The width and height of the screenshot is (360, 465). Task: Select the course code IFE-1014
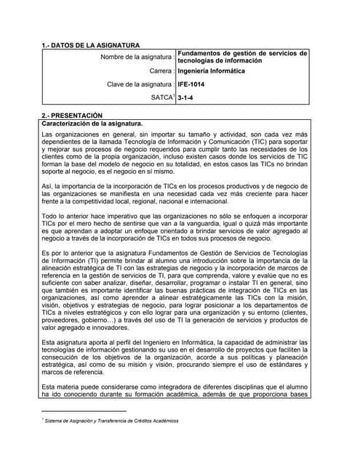pyautogui.click(x=192, y=84)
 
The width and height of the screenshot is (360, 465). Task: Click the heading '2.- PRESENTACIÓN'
pyautogui.click(x=72, y=116)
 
